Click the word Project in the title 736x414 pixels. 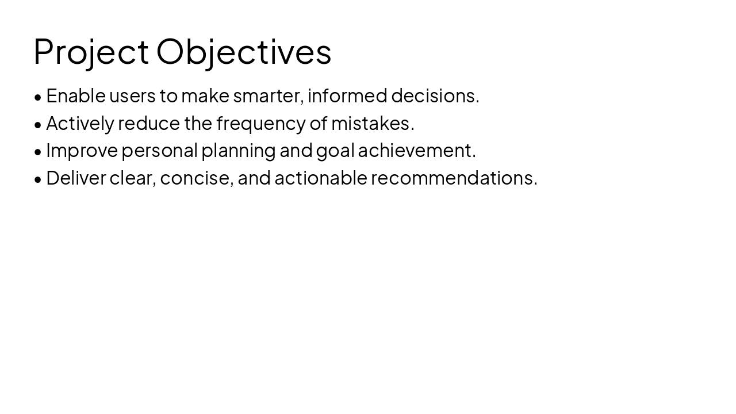tap(91, 52)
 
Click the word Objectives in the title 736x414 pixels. tap(244, 52)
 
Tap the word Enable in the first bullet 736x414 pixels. tap(76, 95)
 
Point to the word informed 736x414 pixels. tap(347, 95)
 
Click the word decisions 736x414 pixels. tap(435, 95)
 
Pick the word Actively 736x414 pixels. tap(80, 123)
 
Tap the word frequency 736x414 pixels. tap(260, 123)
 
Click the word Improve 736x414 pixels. tap(82, 150)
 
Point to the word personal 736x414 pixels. tap(159, 150)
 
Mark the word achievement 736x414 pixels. tap(416, 150)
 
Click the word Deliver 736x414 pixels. tap(76, 178)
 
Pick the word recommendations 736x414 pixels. tap(454, 178)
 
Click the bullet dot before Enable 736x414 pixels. tap(38, 97)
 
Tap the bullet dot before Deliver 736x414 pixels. tap(38, 179)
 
